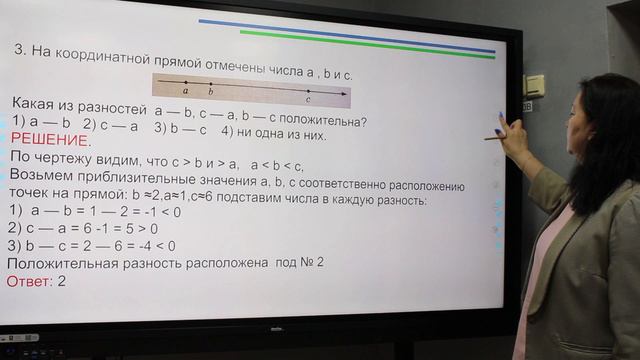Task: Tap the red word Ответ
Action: click(29, 282)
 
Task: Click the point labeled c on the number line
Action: click(308, 91)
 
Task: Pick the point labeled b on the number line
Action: click(210, 83)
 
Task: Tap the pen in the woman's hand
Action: click(497, 134)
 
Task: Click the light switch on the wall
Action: click(536, 85)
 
